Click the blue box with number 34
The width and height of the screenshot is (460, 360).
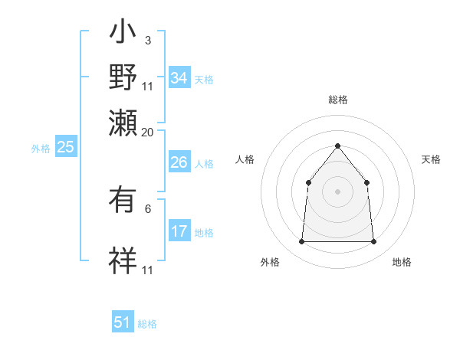pyautogui.click(x=179, y=79)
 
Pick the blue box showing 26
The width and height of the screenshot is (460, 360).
pyautogui.click(x=179, y=162)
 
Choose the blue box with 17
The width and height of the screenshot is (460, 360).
pyautogui.click(x=179, y=232)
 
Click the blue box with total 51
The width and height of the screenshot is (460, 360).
pyautogui.click(x=123, y=323)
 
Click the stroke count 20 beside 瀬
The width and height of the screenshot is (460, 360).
pyautogui.click(x=148, y=132)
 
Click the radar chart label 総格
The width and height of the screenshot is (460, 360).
pyautogui.click(x=337, y=100)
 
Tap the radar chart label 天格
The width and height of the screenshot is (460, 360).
pyautogui.click(x=431, y=159)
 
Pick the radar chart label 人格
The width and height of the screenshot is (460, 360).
pyautogui.click(x=245, y=159)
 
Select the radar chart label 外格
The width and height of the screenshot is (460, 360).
pyautogui.click(x=270, y=263)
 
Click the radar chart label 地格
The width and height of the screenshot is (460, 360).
pyautogui.click(x=402, y=263)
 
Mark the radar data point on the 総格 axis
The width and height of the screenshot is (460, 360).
pyautogui.click(x=337, y=146)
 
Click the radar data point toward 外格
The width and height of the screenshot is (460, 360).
pyautogui.click(x=301, y=242)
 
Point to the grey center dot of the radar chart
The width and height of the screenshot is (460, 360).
pyautogui.click(x=337, y=191)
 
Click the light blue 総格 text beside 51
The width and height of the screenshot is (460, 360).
pyautogui.click(x=147, y=324)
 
